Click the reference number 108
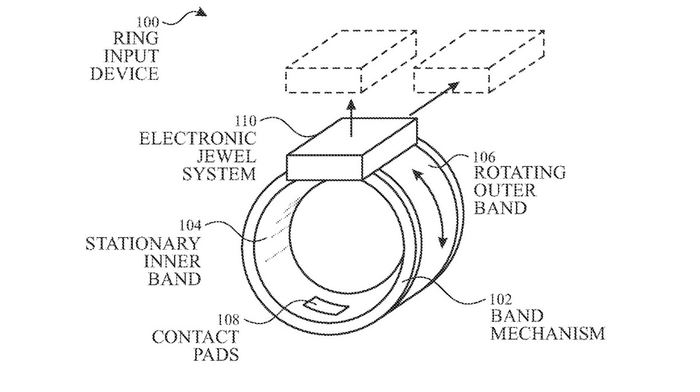pos(227,319)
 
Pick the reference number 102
pos(502,299)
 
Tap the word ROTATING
pos(519,173)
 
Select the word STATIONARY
pos(143,243)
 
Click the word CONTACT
pos(196,336)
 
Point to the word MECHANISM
pos(547,334)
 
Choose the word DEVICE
pos(125,73)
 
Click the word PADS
pos(216,354)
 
